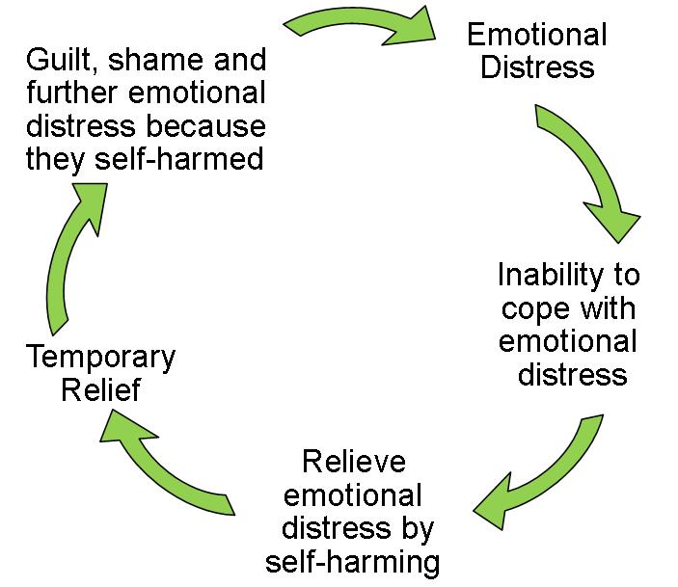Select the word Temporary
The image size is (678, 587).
pyautogui.click(x=100, y=358)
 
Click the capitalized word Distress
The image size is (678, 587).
pyautogui.click(x=539, y=67)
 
